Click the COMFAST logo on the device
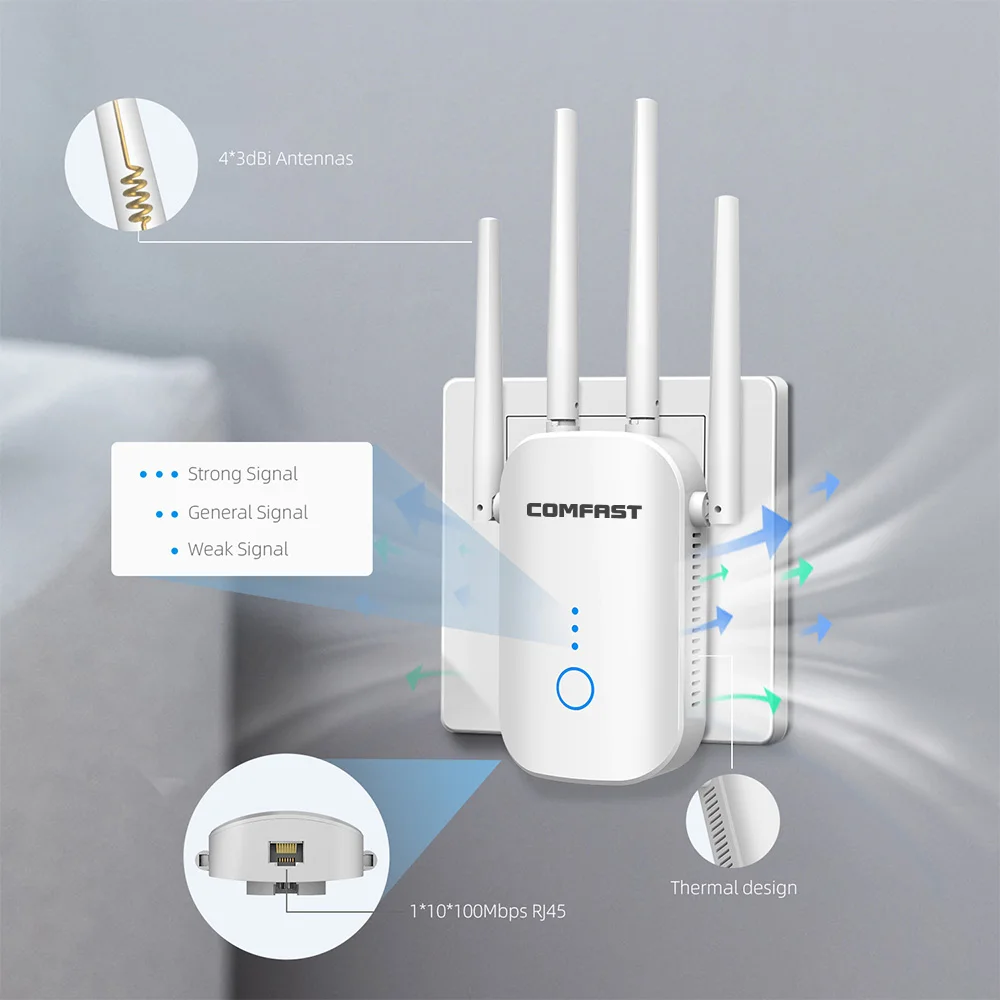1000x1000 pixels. click(x=584, y=511)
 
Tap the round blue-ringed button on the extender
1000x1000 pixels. click(x=574, y=689)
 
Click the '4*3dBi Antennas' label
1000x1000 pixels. click(x=286, y=158)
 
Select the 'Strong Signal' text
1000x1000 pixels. click(x=243, y=474)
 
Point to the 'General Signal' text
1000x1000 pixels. click(x=248, y=512)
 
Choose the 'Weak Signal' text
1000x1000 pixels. click(x=238, y=549)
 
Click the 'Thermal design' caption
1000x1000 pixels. click(x=733, y=887)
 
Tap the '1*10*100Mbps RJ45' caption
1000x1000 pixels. click(x=494, y=910)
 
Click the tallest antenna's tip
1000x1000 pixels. click(x=641, y=105)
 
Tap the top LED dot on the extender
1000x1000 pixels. click(x=574, y=610)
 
